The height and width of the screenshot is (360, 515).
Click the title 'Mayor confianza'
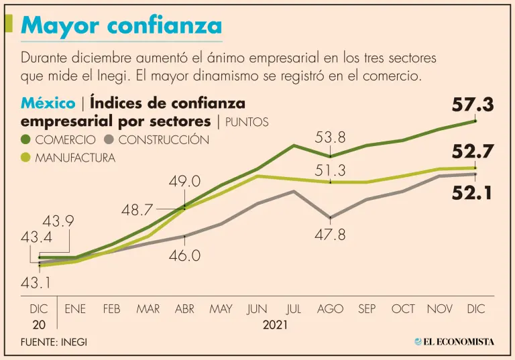pyautogui.click(x=121, y=25)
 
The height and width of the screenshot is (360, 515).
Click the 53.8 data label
pyautogui.click(x=330, y=138)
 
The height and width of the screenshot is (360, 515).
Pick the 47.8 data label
pyautogui.click(x=330, y=235)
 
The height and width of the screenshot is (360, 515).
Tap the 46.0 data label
pyautogui.click(x=184, y=255)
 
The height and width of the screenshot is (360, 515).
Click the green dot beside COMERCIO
pyautogui.click(x=27, y=140)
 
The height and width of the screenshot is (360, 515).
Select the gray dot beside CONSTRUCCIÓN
pyautogui.click(x=110, y=140)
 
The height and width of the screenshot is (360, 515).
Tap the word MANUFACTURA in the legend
pyautogui.click(x=75, y=158)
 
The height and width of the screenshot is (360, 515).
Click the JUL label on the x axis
pyautogui.click(x=294, y=309)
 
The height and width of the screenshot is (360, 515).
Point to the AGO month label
pyautogui.click(x=330, y=309)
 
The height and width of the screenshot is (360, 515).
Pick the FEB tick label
pyautogui.click(x=112, y=309)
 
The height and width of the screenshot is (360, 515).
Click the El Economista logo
pyautogui.click(x=454, y=341)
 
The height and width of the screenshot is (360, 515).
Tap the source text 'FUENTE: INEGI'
pyautogui.click(x=54, y=342)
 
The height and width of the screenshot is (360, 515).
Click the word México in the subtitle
pyautogui.click(x=48, y=104)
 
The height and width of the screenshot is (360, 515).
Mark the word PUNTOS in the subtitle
pyautogui.click(x=247, y=122)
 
